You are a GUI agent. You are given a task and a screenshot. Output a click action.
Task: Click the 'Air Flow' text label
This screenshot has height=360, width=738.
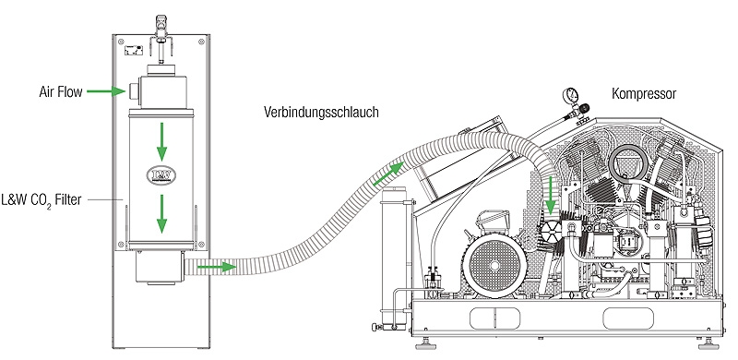61,91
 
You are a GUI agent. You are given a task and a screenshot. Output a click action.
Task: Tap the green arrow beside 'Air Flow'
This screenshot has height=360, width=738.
113,91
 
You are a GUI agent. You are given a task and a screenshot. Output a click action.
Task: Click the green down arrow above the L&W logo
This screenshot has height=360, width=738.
161,135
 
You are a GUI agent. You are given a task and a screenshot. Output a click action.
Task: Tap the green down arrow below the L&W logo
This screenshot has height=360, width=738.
161,212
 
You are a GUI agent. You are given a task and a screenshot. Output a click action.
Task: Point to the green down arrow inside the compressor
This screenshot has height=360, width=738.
551,194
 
